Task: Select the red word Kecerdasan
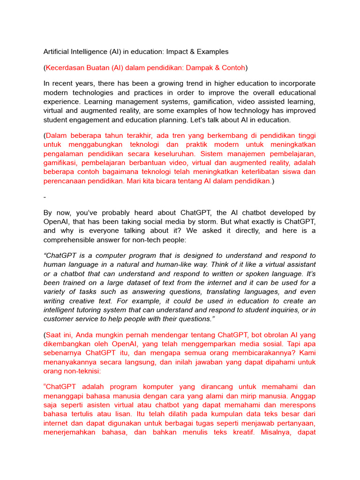coord(65,67)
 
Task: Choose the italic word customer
coord(59,319)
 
